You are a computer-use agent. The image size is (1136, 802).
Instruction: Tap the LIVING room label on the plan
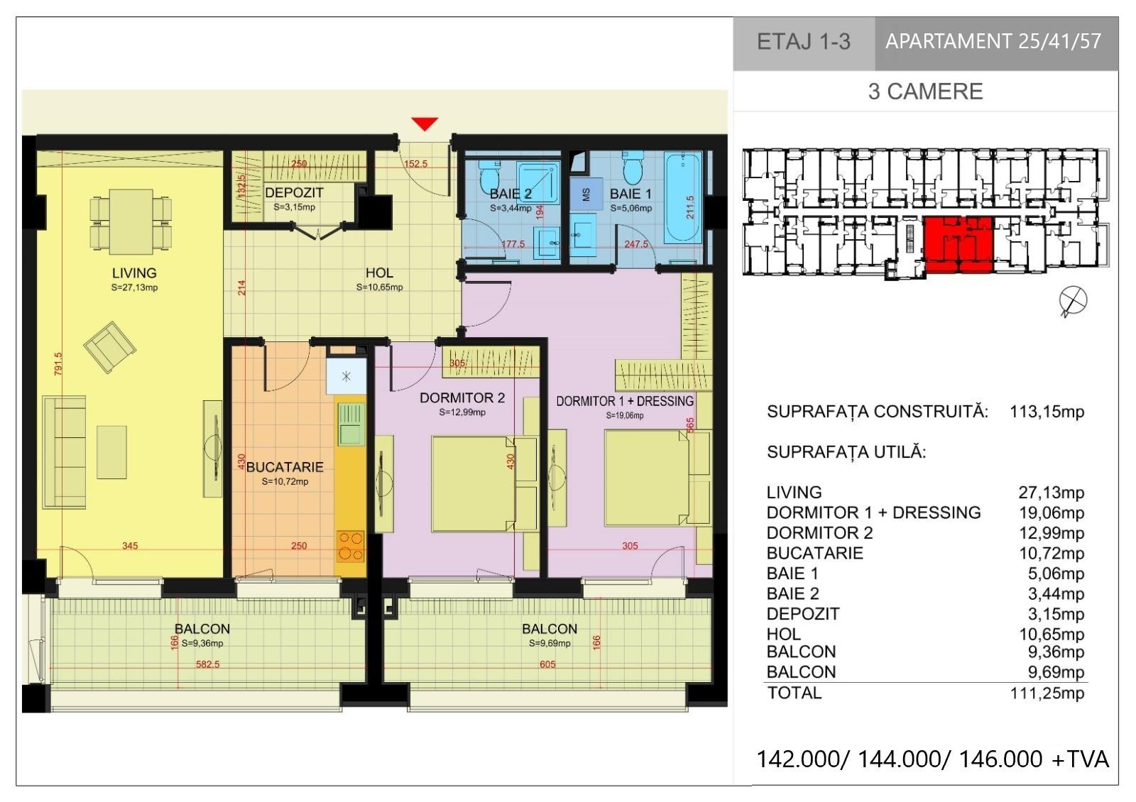click(134, 273)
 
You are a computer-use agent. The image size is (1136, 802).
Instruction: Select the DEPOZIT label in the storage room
click(294, 192)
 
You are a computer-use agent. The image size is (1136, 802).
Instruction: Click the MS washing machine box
click(586, 194)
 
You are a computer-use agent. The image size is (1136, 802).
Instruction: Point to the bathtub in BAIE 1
click(682, 197)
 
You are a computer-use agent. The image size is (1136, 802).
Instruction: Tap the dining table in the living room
click(131, 221)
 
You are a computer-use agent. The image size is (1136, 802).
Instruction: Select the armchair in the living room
click(109, 347)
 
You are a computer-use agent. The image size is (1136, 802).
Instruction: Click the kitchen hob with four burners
click(351, 546)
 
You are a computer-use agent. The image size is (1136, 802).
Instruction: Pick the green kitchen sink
click(351, 425)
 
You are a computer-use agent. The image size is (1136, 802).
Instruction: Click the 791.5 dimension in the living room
click(58, 364)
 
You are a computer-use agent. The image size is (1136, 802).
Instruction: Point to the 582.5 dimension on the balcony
click(208, 664)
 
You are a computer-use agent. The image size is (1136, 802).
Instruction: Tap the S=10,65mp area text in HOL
click(379, 287)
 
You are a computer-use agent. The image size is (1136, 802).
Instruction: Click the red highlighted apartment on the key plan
click(958, 245)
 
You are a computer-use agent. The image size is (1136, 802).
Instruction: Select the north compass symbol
click(1073, 301)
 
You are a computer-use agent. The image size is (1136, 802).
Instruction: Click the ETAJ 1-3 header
click(804, 42)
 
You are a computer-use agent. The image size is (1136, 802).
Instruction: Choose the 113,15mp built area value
click(1047, 411)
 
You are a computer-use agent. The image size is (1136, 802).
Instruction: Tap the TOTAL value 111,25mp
click(1047, 693)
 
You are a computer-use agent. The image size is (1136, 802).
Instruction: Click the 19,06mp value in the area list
click(1052, 512)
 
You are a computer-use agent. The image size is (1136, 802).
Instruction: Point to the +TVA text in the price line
click(1080, 759)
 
